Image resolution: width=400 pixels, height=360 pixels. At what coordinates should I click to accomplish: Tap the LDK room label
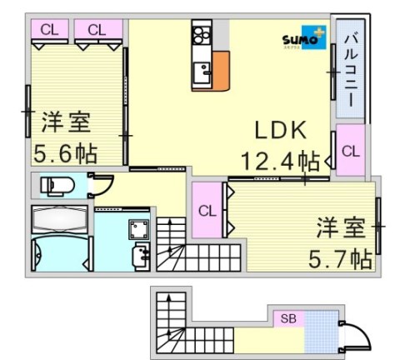[281, 130]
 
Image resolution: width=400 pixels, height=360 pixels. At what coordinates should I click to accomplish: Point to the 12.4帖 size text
[281, 159]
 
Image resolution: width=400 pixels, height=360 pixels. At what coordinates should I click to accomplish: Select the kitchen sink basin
[200, 77]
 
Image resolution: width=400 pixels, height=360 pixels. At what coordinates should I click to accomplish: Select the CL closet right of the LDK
[351, 151]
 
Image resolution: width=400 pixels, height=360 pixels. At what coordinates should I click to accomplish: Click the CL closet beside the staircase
[207, 210]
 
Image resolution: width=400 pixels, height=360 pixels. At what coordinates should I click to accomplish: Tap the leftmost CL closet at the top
[49, 30]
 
